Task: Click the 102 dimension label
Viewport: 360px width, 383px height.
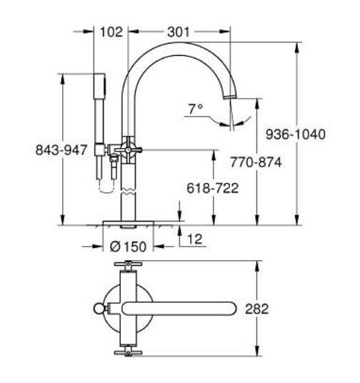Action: point(111,32)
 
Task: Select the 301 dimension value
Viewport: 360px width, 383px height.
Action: point(178,32)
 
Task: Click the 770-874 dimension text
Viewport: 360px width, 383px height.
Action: point(256,162)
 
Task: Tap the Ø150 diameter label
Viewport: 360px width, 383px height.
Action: point(129,247)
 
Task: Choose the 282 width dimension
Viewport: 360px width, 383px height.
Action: point(256,309)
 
